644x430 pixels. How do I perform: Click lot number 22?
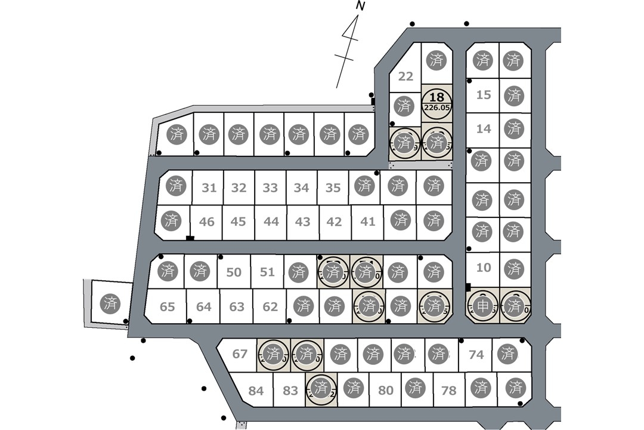click(405, 76)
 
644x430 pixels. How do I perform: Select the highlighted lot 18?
click(436, 97)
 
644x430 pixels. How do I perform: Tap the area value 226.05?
click(436, 108)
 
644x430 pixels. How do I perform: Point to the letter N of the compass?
click(360, 6)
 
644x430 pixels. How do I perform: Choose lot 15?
click(484, 95)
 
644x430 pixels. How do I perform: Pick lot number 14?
click(484, 129)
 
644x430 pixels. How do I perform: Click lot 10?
click(484, 268)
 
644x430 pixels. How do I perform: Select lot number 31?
click(209, 188)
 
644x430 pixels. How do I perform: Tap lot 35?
click(333, 188)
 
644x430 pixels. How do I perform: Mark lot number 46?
click(206, 222)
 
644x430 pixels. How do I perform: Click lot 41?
click(368, 222)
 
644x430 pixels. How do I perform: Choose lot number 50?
click(234, 272)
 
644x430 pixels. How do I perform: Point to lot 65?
click(168, 307)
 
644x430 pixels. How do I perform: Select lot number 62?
click(270, 307)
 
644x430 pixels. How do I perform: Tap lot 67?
click(240, 354)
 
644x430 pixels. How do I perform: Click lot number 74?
click(476, 355)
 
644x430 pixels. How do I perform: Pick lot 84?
click(256, 391)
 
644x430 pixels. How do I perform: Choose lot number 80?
click(386, 391)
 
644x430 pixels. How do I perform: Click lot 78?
click(448, 391)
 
